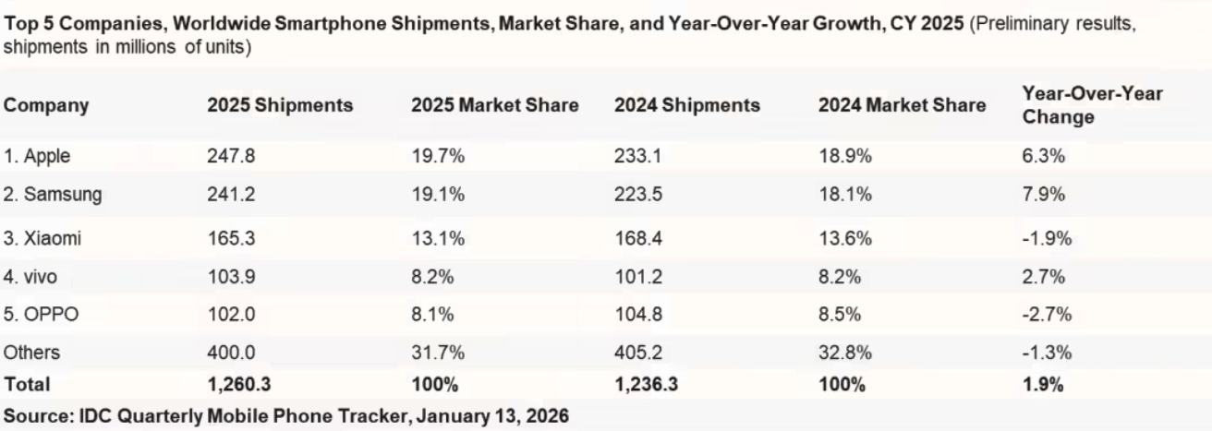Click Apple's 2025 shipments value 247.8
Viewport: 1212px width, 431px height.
[x=226, y=157]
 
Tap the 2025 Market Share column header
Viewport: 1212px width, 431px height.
[x=494, y=105]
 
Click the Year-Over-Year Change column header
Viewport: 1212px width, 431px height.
[x=1093, y=105]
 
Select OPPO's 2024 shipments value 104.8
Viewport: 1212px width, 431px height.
[x=633, y=314]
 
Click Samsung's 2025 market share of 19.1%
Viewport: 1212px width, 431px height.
[x=431, y=195]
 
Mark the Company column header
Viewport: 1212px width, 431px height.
[x=47, y=105]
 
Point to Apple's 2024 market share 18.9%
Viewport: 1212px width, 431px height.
[x=842, y=157]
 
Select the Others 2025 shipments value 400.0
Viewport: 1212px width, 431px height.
[x=226, y=353]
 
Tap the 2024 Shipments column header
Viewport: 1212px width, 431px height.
[x=686, y=105]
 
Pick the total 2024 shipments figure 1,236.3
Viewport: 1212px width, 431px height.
[x=646, y=382]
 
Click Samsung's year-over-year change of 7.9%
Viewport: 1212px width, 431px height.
[x=1042, y=195]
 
